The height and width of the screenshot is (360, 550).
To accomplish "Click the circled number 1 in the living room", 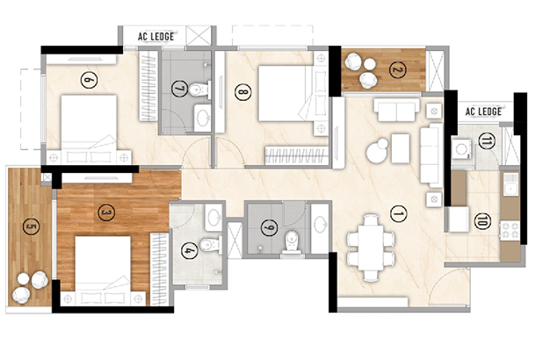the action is pyautogui.click(x=399, y=214).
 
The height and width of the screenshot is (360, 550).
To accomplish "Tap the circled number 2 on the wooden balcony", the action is pyautogui.click(x=398, y=70).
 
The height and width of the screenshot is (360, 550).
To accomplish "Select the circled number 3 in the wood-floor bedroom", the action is pyautogui.click(x=106, y=212).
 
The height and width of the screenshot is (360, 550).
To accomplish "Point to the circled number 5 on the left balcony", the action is pyautogui.click(x=31, y=227).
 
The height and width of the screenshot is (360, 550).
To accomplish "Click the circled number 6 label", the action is pyautogui.click(x=89, y=80).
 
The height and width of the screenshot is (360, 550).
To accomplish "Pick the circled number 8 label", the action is pyautogui.click(x=242, y=93).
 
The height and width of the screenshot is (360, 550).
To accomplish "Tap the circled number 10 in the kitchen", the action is pyautogui.click(x=482, y=221).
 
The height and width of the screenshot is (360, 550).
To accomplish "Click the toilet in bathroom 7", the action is pyautogui.click(x=199, y=89).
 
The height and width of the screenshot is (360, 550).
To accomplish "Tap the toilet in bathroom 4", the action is pyautogui.click(x=210, y=243).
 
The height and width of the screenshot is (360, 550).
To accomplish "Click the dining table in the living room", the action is pyautogui.click(x=371, y=248).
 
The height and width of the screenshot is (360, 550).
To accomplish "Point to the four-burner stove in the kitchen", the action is pyautogui.click(x=510, y=230).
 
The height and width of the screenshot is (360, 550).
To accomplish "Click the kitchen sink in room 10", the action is pyautogui.click(x=510, y=184).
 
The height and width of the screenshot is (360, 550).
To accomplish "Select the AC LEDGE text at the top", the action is pyautogui.click(x=156, y=37).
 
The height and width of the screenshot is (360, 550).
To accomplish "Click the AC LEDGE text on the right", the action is pyautogui.click(x=483, y=112).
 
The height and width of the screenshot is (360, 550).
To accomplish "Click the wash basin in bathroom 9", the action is pyautogui.click(x=320, y=225).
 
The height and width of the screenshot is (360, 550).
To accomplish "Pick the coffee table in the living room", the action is pyautogui.click(x=401, y=148).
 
